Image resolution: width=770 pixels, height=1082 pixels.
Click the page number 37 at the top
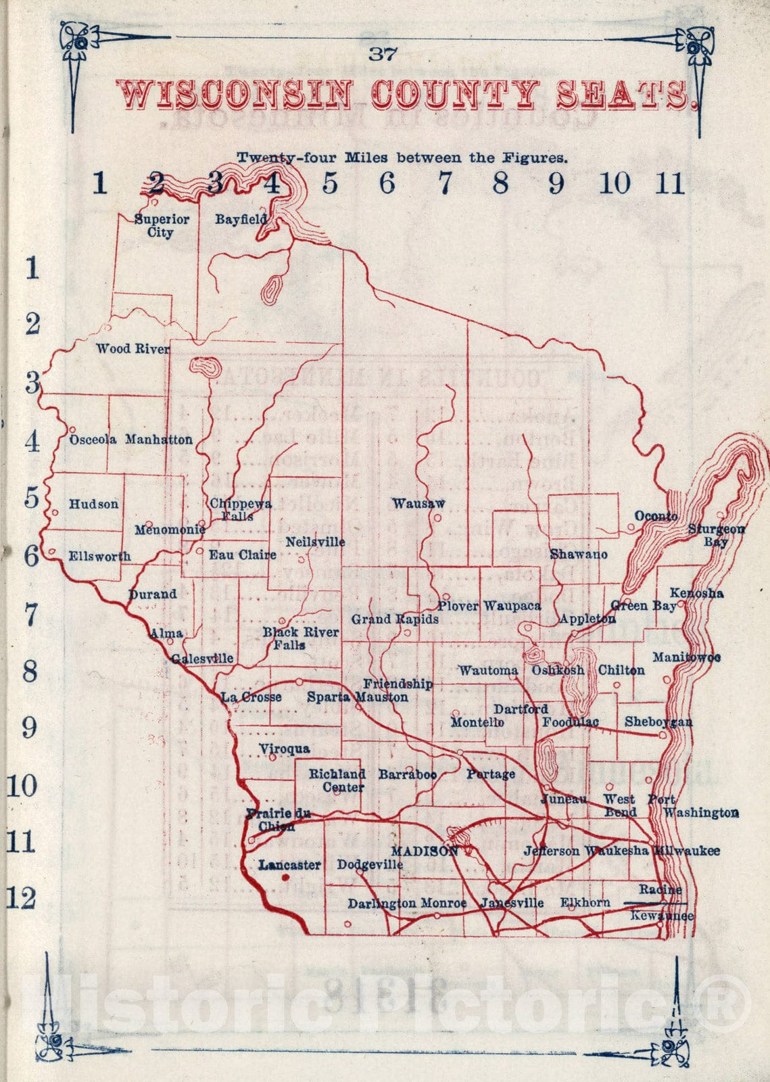pos(382,53)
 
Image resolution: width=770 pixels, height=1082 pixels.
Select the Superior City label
pos(162,226)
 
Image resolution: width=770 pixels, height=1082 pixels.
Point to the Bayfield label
pos(241,219)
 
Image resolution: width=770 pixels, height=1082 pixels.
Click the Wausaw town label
pos(418,503)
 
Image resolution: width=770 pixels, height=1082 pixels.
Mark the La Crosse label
pos(251,697)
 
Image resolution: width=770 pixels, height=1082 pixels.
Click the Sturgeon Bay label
pos(717,535)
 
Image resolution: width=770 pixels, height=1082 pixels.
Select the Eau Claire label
pos(242,555)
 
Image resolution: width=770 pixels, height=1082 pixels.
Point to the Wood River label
pos(133,349)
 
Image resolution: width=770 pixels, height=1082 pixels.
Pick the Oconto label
pos(656,516)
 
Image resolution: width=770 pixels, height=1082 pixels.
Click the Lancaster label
pos(289,864)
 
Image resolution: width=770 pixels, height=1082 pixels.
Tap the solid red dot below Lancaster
pos(285,878)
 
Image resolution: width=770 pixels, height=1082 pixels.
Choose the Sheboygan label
pos(658,722)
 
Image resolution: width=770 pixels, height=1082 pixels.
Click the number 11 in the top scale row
pos(670,183)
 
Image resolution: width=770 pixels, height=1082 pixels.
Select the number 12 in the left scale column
pos(21,898)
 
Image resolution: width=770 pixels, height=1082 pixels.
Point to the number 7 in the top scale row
pos(444,183)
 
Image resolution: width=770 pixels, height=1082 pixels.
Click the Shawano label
pos(579,555)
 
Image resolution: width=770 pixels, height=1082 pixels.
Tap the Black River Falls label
pos(300,638)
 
